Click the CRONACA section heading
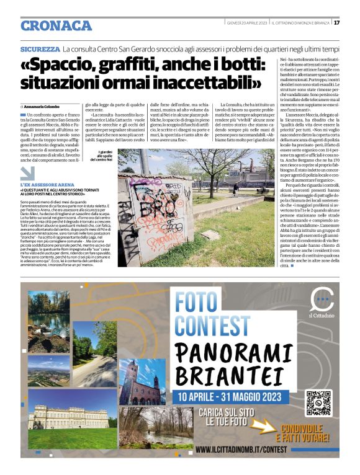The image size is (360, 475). [x=56, y=25]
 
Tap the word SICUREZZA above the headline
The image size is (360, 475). [x=39, y=48]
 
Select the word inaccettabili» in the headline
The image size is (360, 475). [x=197, y=82]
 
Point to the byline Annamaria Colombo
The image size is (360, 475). [x=46, y=107]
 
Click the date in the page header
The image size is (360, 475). [x=246, y=23]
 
